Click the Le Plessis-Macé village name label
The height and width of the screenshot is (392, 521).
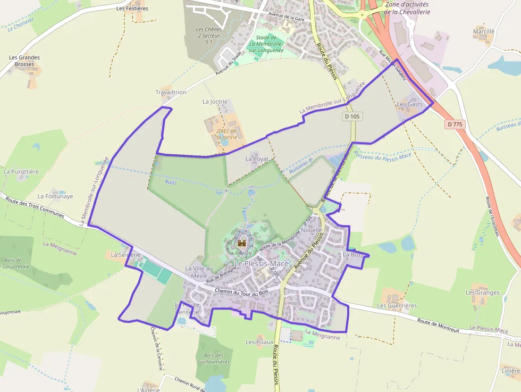(262, 264)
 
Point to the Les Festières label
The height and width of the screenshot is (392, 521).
(132, 9)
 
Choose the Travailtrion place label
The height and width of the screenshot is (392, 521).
(171, 92)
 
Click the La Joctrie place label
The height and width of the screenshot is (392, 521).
(215, 101)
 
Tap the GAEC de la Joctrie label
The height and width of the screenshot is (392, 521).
(226, 134)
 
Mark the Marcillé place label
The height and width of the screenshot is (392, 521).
(483, 31)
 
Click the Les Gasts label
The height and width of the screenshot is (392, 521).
(410, 104)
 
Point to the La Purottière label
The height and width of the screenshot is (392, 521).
(21, 172)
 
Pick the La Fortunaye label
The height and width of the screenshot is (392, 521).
(55, 196)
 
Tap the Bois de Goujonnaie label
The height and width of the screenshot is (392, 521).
(16, 263)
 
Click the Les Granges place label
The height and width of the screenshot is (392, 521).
(482, 293)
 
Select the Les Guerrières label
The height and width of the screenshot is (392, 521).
(397, 306)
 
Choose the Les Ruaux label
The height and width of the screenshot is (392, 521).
(259, 341)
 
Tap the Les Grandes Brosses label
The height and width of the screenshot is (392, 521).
(24, 61)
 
